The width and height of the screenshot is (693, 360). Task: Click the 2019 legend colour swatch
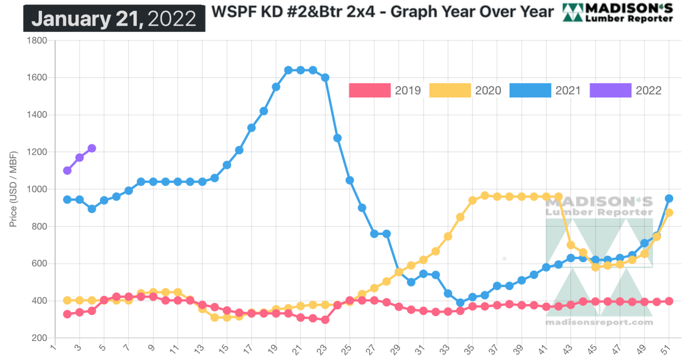(370, 90)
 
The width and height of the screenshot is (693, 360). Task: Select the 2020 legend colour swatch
(450, 90)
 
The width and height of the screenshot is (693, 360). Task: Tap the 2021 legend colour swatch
(530, 90)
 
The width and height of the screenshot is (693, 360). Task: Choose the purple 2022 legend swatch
(610, 90)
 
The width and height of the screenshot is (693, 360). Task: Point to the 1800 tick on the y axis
(37, 41)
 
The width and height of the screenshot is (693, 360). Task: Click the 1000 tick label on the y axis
(37, 189)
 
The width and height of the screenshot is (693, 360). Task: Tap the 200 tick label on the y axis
(40, 338)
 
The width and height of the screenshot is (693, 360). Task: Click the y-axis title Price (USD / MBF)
(13, 189)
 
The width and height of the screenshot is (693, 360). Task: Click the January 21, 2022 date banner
(114, 18)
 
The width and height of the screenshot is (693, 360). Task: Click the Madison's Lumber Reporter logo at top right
(618, 13)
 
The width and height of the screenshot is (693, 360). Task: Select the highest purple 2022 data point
(92, 148)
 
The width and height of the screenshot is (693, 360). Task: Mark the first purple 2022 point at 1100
(67, 171)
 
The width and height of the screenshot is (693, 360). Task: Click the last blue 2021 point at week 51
(669, 198)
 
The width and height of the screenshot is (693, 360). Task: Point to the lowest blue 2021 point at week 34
(460, 303)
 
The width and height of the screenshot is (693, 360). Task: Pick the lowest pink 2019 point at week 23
(325, 319)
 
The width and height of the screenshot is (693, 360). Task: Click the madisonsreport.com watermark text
(599, 322)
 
